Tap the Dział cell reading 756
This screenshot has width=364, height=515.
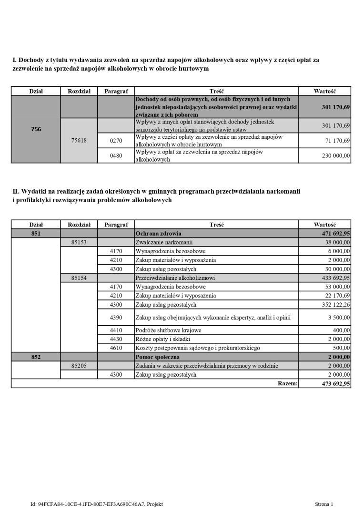(x=36, y=129)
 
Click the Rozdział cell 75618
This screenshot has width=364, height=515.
(x=79, y=141)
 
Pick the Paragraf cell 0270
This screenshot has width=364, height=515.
(x=116, y=141)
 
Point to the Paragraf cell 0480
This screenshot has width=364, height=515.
(x=116, y=155)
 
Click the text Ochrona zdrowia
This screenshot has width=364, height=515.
(x=158, y=234)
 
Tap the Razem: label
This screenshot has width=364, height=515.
(x=287, y=383)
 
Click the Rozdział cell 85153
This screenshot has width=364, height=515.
(x=79, y=242)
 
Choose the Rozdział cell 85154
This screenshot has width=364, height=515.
(x=79, y=278)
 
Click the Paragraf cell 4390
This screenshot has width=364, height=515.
(x=116, y=317)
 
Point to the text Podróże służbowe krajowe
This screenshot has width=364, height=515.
(x=168, y=330)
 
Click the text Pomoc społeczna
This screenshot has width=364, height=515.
(x=158, y=357)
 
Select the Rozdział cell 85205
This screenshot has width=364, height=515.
(x=79, y=366)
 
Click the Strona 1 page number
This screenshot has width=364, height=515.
(x=324, y=504)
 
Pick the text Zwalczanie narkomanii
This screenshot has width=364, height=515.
(x=164, y=242)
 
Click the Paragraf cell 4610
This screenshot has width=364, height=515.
(x=116, y=348)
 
